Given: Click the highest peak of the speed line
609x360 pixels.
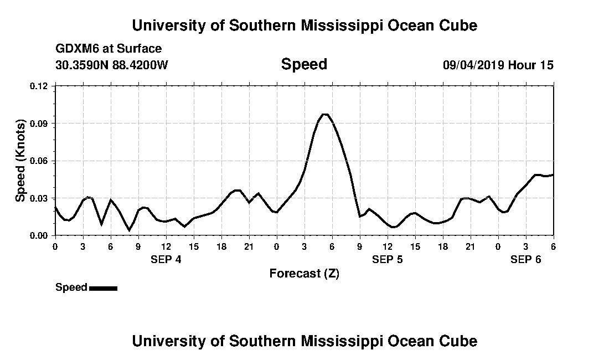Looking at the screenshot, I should click(x=325, y=114).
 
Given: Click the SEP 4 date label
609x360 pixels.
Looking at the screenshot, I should click(x=166, y=259).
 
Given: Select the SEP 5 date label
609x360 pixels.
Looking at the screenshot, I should click(x=388, y=259).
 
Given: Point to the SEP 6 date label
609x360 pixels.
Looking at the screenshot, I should click(x=526, y=259).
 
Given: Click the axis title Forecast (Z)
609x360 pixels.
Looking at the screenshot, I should click(x=304, y=273).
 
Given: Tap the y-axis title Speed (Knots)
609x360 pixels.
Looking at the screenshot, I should click(x=20, y=161).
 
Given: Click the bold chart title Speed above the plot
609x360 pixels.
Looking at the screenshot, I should click(x=304, y=64).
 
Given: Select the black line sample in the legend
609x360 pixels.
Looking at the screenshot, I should click(x=103, y=288).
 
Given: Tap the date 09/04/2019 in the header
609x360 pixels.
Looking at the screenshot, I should click(x=473, y=65).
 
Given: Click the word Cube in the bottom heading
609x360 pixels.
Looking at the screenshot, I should click(x=461, y=341).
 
